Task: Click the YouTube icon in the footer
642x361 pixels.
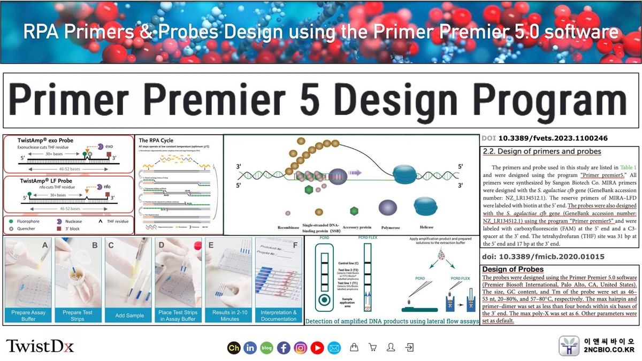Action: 317,348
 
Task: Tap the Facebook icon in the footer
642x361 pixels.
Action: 284,348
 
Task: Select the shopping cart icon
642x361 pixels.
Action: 372,348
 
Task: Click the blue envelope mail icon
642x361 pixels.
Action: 334,348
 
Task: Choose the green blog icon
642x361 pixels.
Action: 266,348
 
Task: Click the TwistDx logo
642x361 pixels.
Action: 40,346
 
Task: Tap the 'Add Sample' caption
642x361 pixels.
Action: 129,316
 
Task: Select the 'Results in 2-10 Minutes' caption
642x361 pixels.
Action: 230,316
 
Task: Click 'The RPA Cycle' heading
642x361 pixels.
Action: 156,141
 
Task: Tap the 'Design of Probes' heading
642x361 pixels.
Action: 513,270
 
